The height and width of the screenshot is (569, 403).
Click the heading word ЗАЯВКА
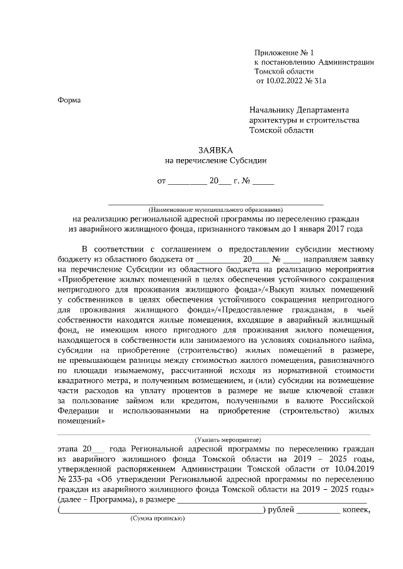point(216,150)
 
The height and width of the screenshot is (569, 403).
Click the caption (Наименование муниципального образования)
point(215,209)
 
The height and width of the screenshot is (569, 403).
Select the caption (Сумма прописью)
point(157,519)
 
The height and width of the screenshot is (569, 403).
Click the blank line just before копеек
point(318,510)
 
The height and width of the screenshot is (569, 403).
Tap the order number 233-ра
point(78,478)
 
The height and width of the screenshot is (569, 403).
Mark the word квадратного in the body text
point(83,379)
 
